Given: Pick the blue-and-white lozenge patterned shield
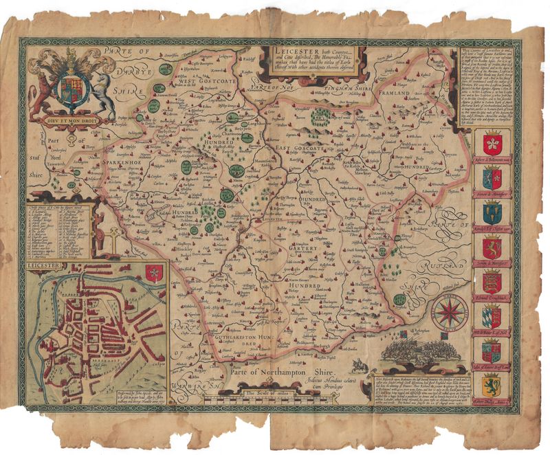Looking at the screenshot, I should click(x=493, y=316).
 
